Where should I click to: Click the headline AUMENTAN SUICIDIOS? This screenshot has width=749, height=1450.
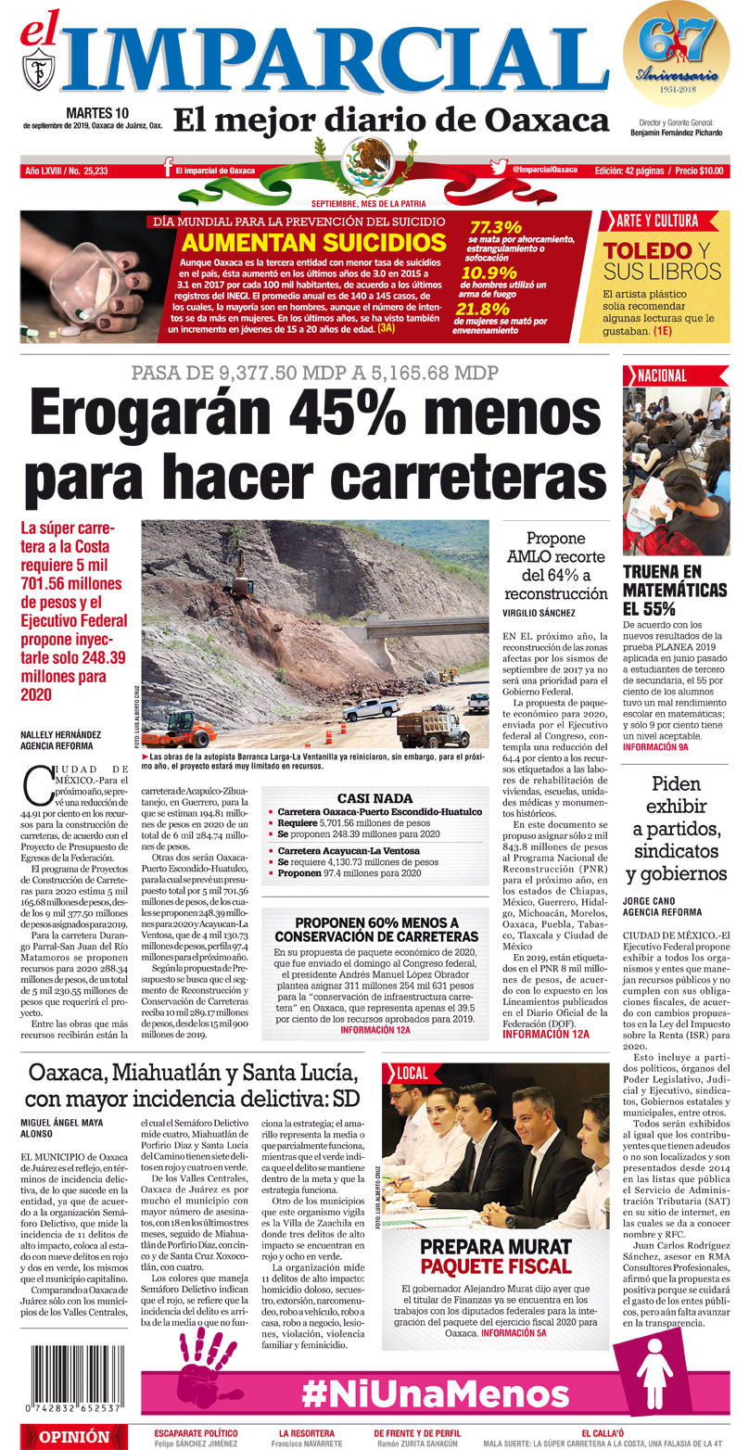(x=313, y=243)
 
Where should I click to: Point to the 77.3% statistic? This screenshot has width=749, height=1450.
(x=496, y=227)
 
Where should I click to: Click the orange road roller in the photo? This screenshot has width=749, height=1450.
(x=180, y=728)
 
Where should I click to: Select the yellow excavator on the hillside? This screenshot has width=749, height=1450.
(x=242, y=579)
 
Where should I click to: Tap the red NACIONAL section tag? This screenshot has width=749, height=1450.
(x=661, y=375)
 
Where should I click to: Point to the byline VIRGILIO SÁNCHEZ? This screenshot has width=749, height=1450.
(x=539, y=613)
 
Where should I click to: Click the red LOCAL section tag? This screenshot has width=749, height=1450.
(x=412, y=1073)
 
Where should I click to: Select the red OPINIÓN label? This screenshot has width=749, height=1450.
(x=71, y=1437)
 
